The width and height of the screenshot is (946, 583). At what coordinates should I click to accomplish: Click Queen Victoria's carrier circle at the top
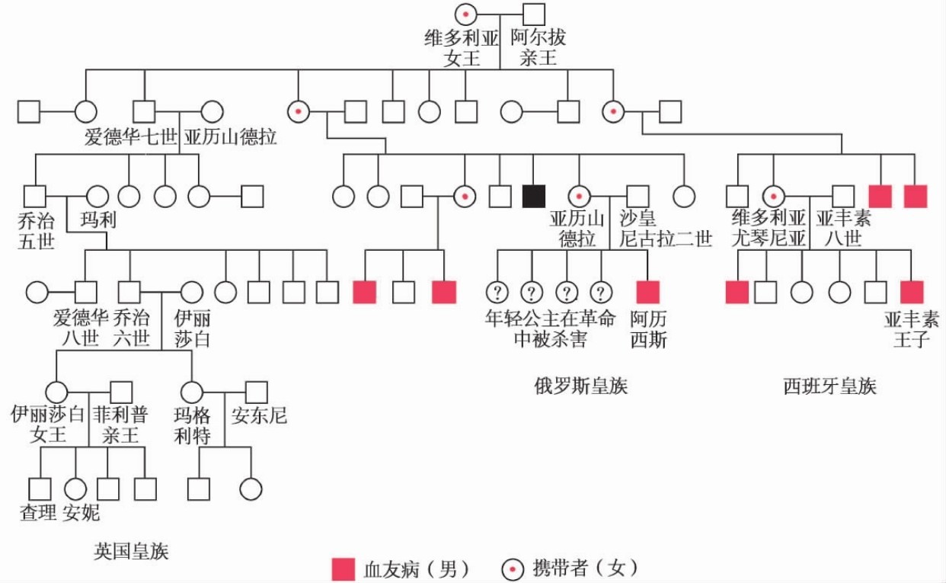[466, 14]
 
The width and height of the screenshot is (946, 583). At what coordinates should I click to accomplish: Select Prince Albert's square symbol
[533, 14]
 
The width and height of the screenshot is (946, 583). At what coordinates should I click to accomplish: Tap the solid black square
[533, 196]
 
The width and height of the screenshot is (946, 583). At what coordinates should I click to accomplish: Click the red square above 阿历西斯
[647, 292]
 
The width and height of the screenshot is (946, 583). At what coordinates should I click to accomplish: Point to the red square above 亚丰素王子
[912, 292]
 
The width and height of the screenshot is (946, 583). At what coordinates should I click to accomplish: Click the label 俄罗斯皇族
[581, 386]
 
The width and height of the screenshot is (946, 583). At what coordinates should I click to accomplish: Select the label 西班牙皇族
[829, 386]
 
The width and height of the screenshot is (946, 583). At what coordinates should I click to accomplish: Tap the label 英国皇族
[131, 551]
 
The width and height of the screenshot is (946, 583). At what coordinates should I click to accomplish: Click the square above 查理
[40, 489]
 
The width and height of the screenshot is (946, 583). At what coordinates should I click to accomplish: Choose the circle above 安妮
[75, 489]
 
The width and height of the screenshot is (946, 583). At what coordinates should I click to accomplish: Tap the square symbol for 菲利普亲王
[121, 392]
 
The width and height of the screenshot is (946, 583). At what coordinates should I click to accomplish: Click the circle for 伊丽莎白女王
[57, 392]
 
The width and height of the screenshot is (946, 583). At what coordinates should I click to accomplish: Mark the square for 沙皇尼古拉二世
[638, 196]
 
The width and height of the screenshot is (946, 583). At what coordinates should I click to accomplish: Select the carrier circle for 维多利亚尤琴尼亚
[774, 196]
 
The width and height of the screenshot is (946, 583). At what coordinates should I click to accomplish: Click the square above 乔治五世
[34, 196]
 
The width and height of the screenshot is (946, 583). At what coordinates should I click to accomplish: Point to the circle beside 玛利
[97, 196]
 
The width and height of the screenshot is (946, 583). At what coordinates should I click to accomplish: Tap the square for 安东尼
[257, 392]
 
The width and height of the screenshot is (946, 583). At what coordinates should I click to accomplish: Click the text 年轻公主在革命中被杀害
[550, 328]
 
